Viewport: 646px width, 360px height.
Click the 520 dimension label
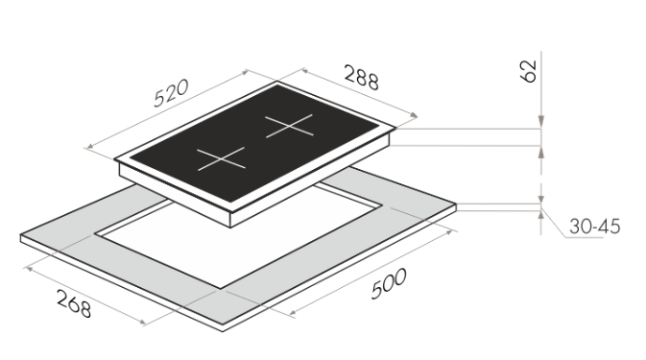click(x=171, y=93)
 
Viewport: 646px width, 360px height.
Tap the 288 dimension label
click(x=361, y=77)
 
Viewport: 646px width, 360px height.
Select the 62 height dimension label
click(x=529, y=71)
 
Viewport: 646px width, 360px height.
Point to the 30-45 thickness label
click(x=594, y=227)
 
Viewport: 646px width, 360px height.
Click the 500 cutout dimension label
click(x=389, y=283)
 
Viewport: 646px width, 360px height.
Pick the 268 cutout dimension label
click(x=74, y=303)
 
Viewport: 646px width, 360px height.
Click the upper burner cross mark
click(x=289, y=126)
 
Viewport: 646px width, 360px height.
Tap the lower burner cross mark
click(x=221, y=158)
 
